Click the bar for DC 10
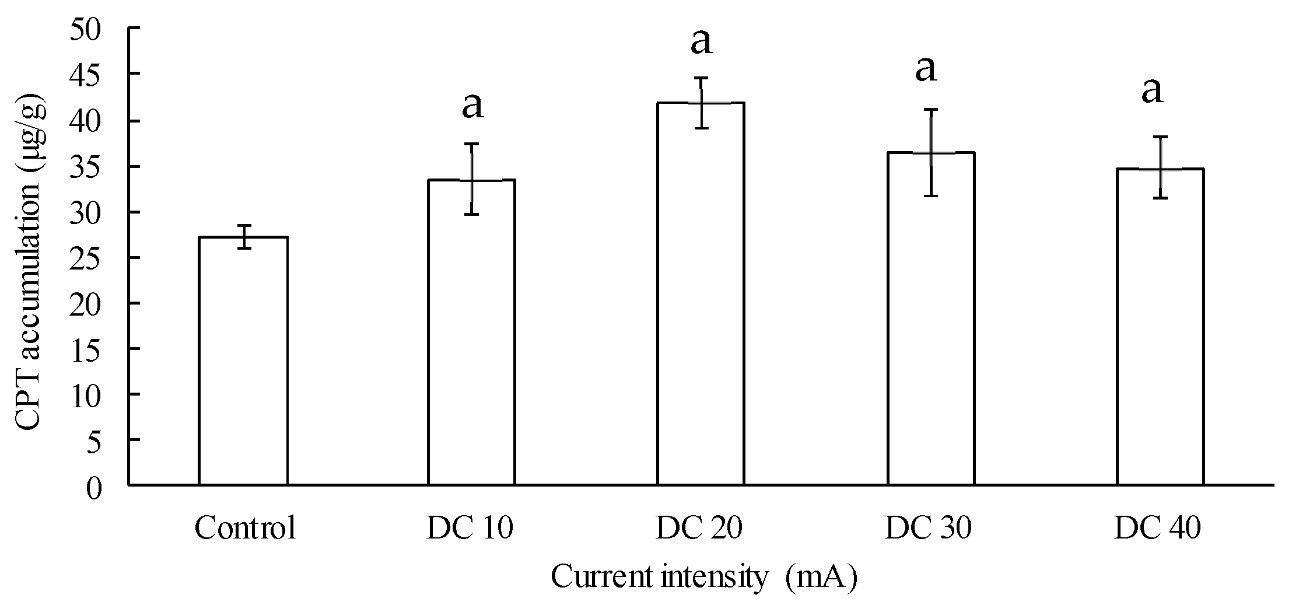pos(471,332)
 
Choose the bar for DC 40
pos(1160,327)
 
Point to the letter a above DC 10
pos(472,106)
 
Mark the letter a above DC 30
pos(926,69)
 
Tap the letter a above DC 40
pos(1152,91)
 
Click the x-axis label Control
pos(246,528)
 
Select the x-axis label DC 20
pos(699,528)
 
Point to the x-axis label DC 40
pos(1158,528)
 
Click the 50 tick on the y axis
pos(85,29)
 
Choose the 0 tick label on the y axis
pos(93,486)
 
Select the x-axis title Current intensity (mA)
pos(704,577)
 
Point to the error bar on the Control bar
pos(247,237)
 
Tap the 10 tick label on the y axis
pos(85,394)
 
